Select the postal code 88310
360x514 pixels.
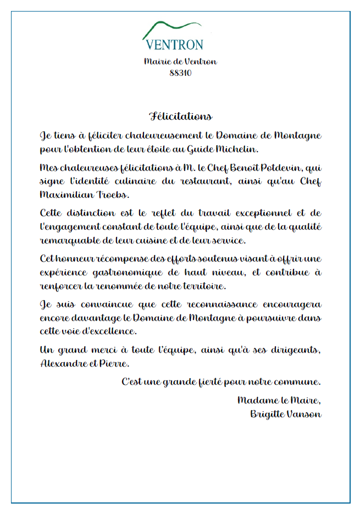[180, 73]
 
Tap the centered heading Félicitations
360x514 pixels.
[180, 117]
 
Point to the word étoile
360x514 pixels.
[171, 149]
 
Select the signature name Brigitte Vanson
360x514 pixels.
[285, 414]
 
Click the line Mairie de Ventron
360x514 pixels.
[180, 62]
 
